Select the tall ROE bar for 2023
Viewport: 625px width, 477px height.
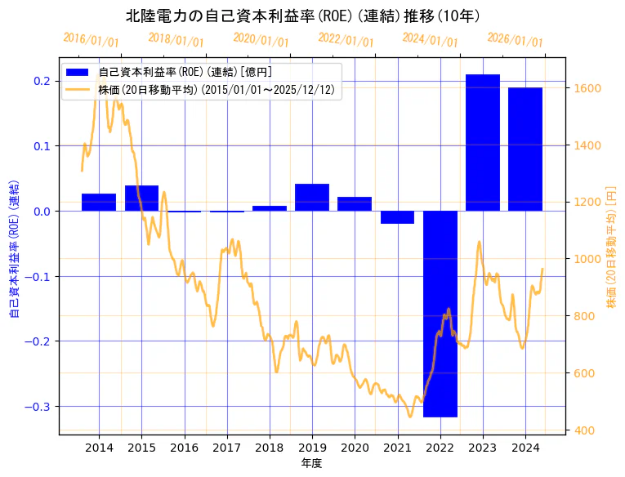click(483, 142)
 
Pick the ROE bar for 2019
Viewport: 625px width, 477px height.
click(312, 197)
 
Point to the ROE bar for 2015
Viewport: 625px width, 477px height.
click(141, 198)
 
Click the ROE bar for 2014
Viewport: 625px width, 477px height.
click(99, 202)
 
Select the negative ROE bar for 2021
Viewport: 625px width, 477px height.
click(397, 217)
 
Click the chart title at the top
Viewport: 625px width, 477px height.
click(303, 16)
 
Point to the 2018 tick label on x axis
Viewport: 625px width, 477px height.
click(270, 448)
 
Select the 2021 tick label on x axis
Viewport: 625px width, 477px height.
click(397, 448)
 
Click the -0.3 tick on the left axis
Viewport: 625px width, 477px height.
click(40, 407)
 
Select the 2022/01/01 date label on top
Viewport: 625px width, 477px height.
click(346, 40)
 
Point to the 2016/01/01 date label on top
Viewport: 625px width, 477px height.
click(91, 40)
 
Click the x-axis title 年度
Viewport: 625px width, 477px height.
click(312, 463)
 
